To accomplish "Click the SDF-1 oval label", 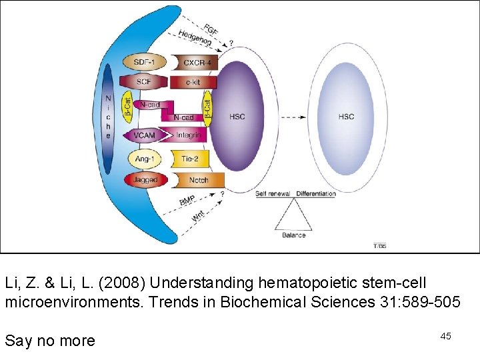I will coord(144,63).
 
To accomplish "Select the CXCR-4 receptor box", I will coord(197,63).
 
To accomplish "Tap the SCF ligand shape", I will coord(143,82).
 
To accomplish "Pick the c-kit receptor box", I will coord(194,82).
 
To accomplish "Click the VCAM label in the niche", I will coord(144,135).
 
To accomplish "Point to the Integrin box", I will coord(189,135).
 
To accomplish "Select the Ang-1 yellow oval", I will coord(144,159).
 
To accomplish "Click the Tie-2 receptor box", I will coord(190,159).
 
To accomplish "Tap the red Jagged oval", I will coord(145,180).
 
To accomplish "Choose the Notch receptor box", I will coord(198,180).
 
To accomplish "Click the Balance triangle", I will coord(294,216).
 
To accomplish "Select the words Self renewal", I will coord(273,194).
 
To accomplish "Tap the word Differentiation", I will coord(316,194).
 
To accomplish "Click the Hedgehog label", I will coord(195,39).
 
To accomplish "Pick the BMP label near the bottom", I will coord(187,199).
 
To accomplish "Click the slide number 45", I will coord(445,336).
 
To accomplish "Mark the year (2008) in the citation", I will coord(123,283).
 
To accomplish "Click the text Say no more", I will coord(50,341).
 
